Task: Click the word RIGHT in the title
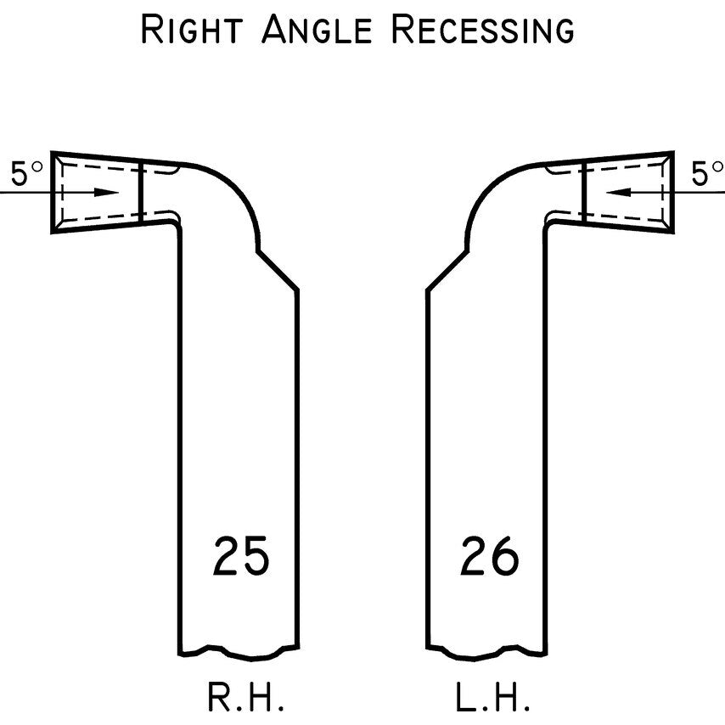pos(193,30)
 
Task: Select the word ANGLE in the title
pos(316,30)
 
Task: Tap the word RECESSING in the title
pos(482,30)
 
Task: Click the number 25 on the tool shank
pos(241,557)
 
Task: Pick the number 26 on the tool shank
pos(490,557)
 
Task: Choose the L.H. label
pos(493,698)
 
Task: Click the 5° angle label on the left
pos(26,174)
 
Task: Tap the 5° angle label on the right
pos(706,174)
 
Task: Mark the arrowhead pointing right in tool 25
pos(108,192)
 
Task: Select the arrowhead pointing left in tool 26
pos(618,192)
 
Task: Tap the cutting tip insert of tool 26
pos(629,192)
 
